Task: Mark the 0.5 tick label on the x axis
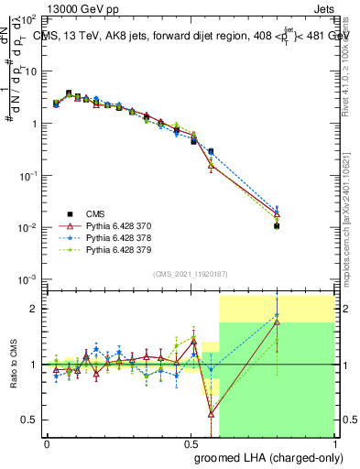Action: [191, 442]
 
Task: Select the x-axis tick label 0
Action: [47, 442]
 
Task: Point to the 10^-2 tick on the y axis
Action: [29, 227]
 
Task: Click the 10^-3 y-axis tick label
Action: [29, 278]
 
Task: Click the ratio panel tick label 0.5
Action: [30, 420]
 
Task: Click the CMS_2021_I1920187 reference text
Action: [190, 273]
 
